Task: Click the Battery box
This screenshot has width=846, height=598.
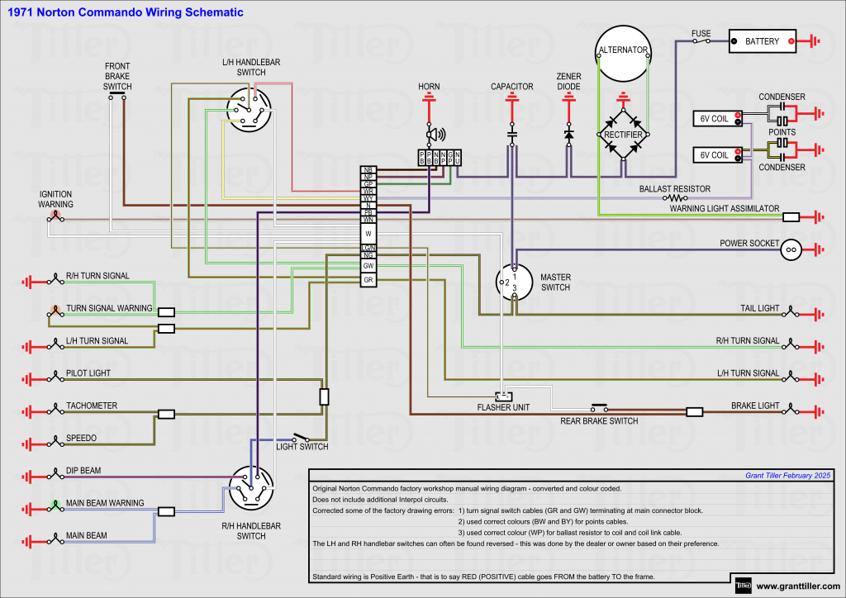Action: point(762,41)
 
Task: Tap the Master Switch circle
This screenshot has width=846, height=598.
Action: point(513,282)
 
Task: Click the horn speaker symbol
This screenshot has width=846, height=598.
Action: point(432,134)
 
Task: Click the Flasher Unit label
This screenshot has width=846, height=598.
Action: point(503,407)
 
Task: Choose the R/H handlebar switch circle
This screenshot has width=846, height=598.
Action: point(251,488)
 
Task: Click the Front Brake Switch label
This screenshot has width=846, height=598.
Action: point(117,76)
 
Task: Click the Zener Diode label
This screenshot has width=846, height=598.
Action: point(568,81)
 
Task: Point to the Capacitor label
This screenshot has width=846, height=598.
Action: point(512,87)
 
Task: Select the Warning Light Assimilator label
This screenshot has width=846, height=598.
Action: point(725,209)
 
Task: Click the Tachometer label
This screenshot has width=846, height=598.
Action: point(92,406)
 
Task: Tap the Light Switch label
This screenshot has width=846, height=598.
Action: point(302,447)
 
